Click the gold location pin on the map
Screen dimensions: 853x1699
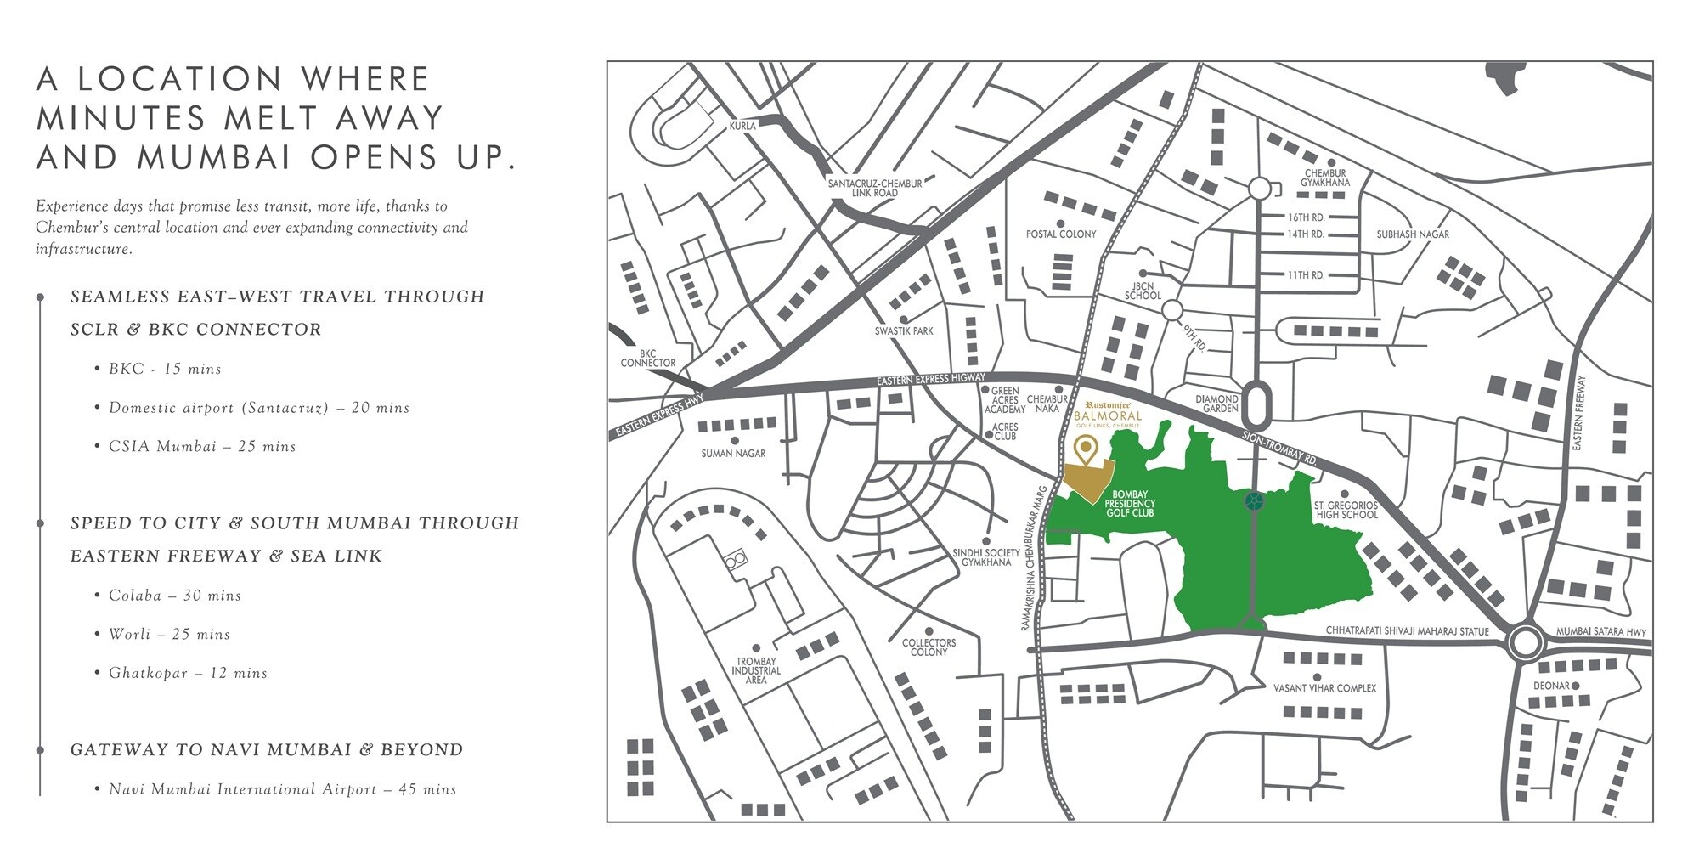click(1084, 449)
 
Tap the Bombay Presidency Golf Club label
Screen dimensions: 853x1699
click(1130, 504)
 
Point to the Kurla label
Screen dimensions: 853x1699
click(742, 127)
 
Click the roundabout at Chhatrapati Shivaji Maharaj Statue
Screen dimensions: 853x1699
click(1525, 643)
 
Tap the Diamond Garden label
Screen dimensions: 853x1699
click(1216, 404)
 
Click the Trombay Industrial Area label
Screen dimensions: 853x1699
click(755, 670)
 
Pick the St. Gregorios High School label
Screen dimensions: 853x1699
click(1346, 510)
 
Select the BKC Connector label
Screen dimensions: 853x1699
click(647, 359)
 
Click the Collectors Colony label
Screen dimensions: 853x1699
click(929, 647)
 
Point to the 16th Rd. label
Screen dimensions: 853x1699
click(1306, 217)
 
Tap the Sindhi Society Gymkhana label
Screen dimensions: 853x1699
click(986, 557)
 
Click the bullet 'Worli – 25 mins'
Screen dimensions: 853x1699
click(169, 635)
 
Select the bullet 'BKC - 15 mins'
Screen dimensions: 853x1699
click(165, 370)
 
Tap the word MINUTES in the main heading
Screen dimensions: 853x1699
click(121, 117)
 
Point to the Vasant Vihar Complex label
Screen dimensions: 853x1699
click(1324, 688)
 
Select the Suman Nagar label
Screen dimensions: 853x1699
click(733, 454)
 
